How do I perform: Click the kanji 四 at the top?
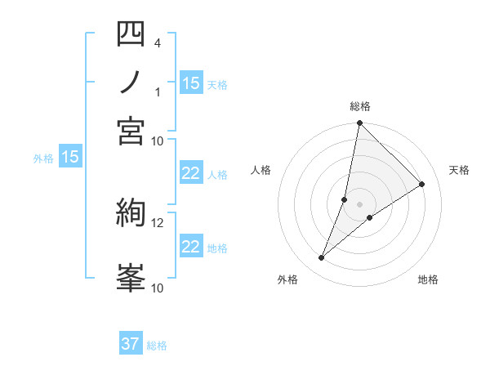pos(131,34)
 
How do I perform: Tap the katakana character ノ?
pos(131,83)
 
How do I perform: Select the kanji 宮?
pos(131,132)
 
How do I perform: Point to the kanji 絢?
pos(131,214)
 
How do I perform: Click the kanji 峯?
pos(131,278)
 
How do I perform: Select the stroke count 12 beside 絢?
pos(157,221)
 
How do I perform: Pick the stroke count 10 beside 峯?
pos(157,287)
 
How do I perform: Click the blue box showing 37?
pos(131,344)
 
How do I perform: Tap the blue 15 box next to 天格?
pos(191,83)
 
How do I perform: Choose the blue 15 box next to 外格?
pos(70,158)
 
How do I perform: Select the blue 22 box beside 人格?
pos(191,173)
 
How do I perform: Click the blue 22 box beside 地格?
pos(191,247)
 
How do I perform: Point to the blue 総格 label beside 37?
pos(157,346)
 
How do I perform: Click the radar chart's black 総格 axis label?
pos(360,106)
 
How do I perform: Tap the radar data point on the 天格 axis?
pos(422,185)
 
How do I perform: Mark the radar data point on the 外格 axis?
pos(322,258)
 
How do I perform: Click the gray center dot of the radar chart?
pos(360,204)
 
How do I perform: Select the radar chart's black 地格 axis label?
pos(428,280)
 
